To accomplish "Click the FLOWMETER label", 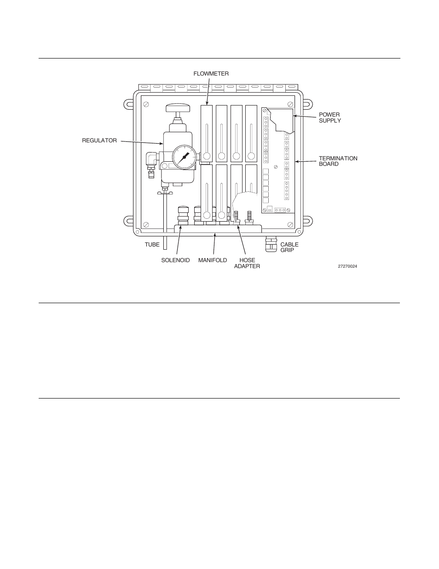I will [211, 74].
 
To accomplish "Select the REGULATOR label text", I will [99, 141].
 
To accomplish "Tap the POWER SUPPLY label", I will [330, 117].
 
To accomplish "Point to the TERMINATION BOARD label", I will [338, 161].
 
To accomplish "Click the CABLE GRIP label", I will [289, 247].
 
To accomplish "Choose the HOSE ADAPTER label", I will [247, 263].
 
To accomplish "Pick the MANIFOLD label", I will [213, 260].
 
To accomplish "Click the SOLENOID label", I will [175, 260].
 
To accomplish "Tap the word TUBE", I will [152, 245].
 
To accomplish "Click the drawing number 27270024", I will [347, 266].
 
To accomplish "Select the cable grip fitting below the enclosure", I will [270, 244].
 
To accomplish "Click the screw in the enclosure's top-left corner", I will [145, 104].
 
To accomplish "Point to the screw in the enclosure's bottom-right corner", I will [290, 224].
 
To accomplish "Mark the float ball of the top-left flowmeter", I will [207, 156].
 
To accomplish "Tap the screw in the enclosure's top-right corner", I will [290, 104].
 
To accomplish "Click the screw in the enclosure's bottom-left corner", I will [145, 224].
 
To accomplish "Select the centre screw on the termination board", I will [275, 166].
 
